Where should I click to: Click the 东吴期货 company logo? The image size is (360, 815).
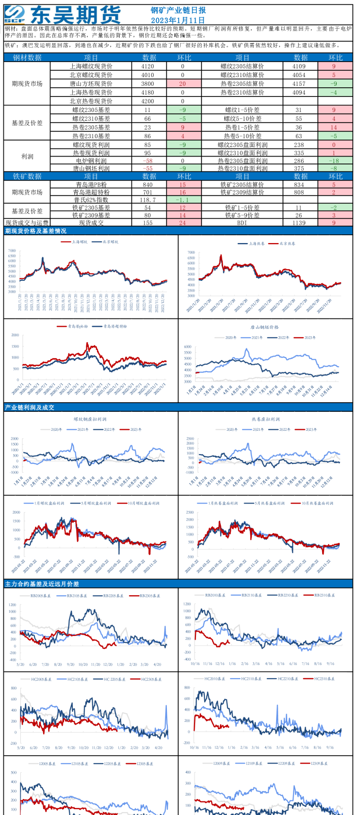point(63,15)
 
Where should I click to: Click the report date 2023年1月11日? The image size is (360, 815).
point(178,20)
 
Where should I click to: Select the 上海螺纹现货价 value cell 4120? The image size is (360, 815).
point(147,66)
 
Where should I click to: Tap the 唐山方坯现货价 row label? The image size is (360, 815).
point(91,83)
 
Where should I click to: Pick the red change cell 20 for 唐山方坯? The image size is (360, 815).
point(182,83)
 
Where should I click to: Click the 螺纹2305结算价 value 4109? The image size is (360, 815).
point(299,66)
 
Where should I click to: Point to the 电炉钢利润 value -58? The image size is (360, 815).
point(147,161)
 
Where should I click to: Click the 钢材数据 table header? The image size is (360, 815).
point(27,57)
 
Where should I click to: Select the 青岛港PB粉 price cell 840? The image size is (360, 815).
point(147,184)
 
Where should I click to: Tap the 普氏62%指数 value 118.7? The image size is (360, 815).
point(147,200)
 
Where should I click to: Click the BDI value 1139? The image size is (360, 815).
point(299,223)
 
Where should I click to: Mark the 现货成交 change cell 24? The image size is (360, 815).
point(182,223)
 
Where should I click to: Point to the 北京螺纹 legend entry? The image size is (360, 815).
point(108,242)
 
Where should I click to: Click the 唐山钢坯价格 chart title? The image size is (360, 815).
point(264,327)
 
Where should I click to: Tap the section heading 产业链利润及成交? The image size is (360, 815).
point(30,407)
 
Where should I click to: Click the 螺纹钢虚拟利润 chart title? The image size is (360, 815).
point(90,419)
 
